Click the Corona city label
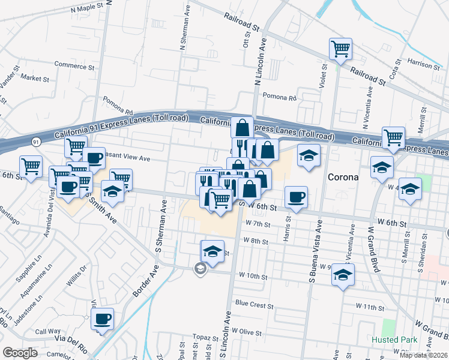(x=343, y=178)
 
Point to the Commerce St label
(x=74, y=65)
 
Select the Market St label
(x=35, y=78)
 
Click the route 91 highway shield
(x=37, y=142)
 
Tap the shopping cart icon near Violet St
(x=340, y=49)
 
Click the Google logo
(x=20, y=353)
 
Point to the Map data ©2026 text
(x=424, y=356)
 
